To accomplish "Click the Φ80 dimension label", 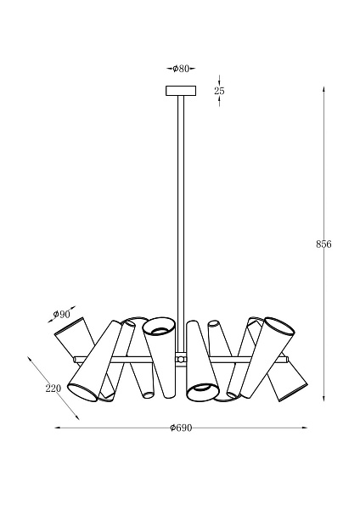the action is click(x=181, y=69).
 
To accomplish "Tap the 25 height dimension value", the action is click(x=219, y=91).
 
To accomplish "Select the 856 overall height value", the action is click(x=323, y=244).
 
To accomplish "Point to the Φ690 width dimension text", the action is click(x=181, y=428).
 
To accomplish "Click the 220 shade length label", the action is click(x=53, y=389).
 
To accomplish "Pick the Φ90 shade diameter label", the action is click(x=61, y=314).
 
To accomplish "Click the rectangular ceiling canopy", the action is click(x=181, y=91).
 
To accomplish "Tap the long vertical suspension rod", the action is click(x=181, y=223).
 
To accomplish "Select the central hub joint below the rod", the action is click(x=181, y=359).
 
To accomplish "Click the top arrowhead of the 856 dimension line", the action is click(x=323, y=88).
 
